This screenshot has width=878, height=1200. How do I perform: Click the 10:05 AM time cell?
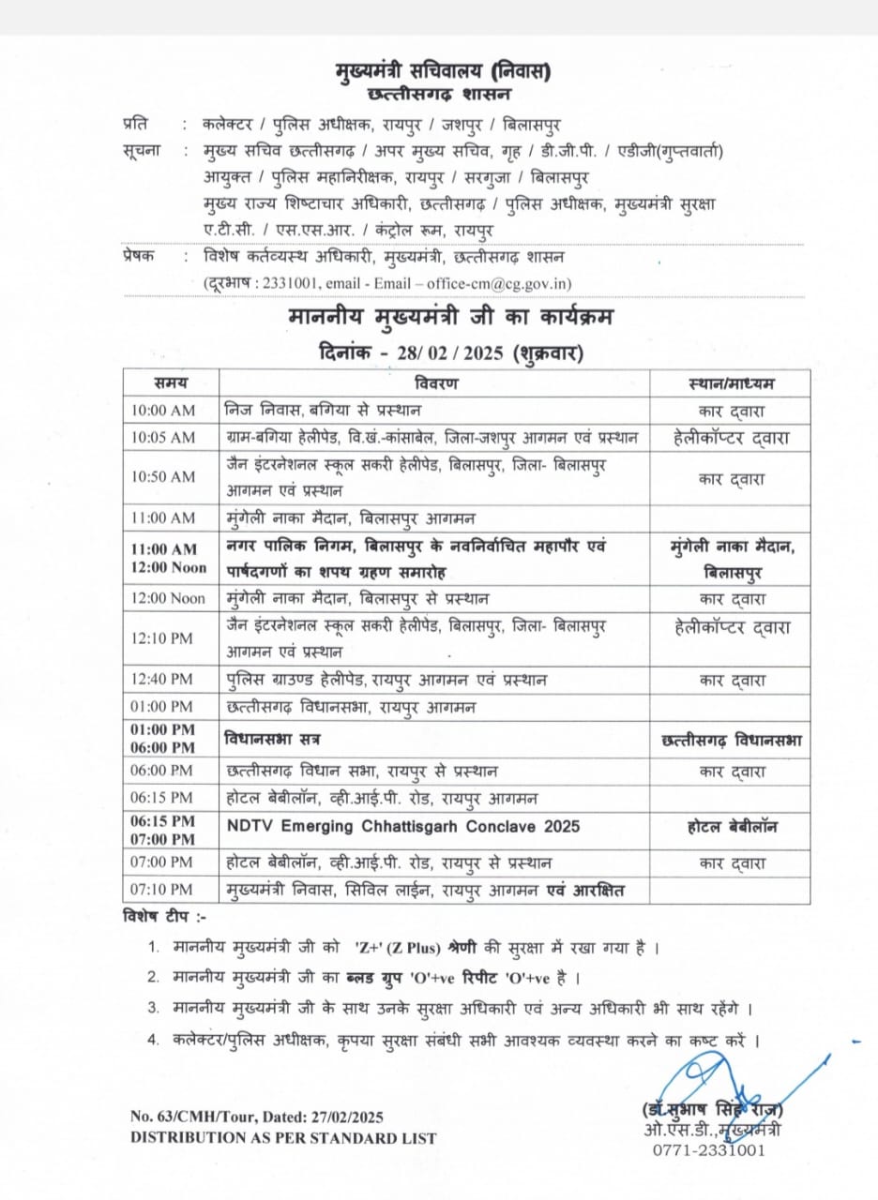click(x=163, y=438)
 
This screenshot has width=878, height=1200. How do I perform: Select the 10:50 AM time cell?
click(x=163, y=476)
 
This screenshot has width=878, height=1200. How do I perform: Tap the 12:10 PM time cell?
click(x=163, y=638)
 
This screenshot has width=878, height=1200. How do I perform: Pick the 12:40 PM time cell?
click(x=163, y=680)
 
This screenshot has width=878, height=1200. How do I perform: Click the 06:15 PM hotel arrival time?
click(x=163, y=799)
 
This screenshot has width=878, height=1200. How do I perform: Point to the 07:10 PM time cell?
click(x=163, y=889)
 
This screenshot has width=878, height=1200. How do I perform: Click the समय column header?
click(x=171, y=382)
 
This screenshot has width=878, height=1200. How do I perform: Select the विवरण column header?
click(x=435, y=382)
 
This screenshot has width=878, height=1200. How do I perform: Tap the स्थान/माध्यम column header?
click(x=731, y=382)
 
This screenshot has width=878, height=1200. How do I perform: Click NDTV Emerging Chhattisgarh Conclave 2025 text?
click(x=403, y=826)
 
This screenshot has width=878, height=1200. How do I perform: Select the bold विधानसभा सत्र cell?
click(x=273, y=740)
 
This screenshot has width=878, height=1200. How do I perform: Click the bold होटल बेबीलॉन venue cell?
click(x=731, y=826)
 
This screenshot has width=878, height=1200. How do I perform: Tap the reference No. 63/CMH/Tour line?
click(x=257, y=1117)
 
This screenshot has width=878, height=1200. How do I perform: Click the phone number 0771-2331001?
click(x=709, y=1149)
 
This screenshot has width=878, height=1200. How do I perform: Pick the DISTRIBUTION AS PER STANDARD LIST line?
click(x=282, y=1137)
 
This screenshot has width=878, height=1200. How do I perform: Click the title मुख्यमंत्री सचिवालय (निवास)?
click(x=443, y=70)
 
